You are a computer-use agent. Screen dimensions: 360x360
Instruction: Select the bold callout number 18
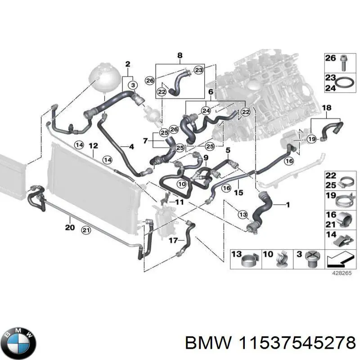327,108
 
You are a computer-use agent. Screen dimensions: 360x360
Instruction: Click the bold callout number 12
93,146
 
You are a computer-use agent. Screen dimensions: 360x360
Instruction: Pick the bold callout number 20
69,228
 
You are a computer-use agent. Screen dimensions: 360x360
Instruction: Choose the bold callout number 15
239,192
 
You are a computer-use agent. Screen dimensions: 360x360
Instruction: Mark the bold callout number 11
180,202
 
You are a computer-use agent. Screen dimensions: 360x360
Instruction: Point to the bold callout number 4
131,147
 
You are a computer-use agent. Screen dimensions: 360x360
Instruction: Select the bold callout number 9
206,157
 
